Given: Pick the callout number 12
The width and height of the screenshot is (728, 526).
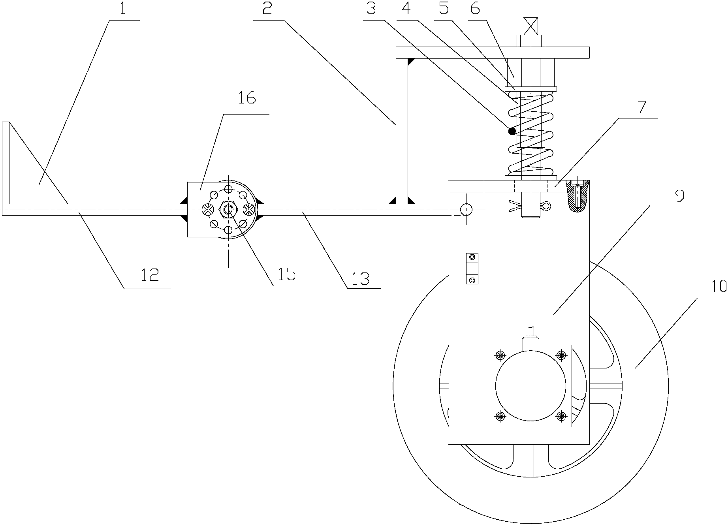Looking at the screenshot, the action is (x=150, y=275).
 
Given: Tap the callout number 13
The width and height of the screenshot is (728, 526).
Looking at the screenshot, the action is (x=361, y=278).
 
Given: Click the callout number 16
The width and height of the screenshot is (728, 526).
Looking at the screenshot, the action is (x=246, y=98).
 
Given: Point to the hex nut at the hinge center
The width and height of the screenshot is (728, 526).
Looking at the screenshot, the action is (x=228, y=209).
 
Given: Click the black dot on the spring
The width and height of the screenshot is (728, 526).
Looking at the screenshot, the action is (x=512, y=131).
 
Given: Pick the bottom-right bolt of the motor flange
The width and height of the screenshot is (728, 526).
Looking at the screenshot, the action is (x=561, y=416).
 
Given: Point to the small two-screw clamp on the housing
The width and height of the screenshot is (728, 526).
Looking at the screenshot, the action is (x=472, y=269).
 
